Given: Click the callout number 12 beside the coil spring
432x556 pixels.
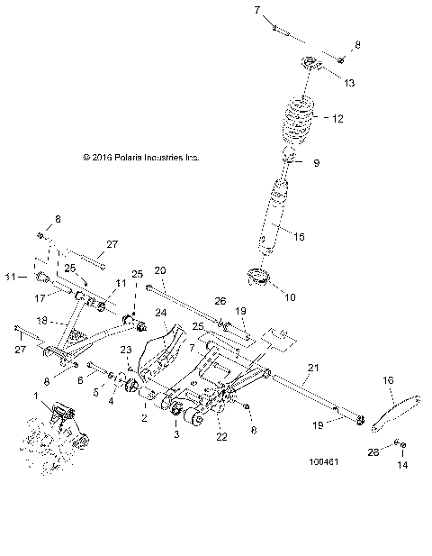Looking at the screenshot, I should click(338, 119).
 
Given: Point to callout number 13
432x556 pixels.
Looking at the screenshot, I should click(348, 82).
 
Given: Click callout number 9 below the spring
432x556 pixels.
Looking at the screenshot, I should click(316, 163).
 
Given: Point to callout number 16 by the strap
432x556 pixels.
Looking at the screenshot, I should click(388, 381).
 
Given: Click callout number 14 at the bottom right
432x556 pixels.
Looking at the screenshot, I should click(402, 465).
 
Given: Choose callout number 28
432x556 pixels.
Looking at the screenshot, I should click(373, 450).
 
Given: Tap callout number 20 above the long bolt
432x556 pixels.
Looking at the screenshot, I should click(161, 270).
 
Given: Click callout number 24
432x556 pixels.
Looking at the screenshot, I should click(162, 314).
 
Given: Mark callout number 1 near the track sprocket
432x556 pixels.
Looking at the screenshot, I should click(35, 396).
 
